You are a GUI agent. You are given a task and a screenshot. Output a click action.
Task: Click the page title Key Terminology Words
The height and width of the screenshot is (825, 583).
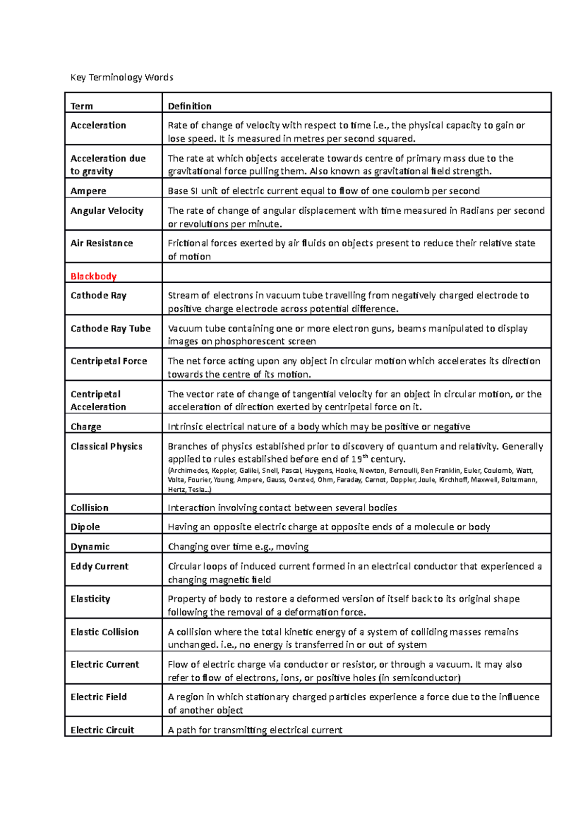(121, 77)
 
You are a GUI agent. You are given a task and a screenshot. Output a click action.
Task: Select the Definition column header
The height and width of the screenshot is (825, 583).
(189, 106)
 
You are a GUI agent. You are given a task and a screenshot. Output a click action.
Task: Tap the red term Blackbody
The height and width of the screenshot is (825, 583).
(93, 276)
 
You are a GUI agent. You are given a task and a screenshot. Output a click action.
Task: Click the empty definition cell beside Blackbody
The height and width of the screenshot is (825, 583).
(356, 273)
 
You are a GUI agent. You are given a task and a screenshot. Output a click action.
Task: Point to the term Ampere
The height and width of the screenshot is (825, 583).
(88, 191)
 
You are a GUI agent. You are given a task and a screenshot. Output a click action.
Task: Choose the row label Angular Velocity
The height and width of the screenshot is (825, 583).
(107, 210)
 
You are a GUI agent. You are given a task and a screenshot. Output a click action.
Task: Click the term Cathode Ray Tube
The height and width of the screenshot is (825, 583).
(110, 328)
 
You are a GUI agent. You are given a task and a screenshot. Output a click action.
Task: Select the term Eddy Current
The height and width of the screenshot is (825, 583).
(99, 566)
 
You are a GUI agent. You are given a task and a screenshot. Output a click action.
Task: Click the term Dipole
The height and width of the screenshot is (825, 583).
(85, 527)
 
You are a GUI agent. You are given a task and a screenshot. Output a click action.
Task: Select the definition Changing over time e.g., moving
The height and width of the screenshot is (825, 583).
(238, 547)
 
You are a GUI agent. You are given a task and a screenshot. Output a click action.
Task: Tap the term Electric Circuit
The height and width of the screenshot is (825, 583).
(102, 730)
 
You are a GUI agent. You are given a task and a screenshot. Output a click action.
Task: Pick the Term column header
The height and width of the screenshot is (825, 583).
(82, 106)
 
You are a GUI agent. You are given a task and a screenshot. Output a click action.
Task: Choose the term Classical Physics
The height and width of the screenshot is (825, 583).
(106, 446)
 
